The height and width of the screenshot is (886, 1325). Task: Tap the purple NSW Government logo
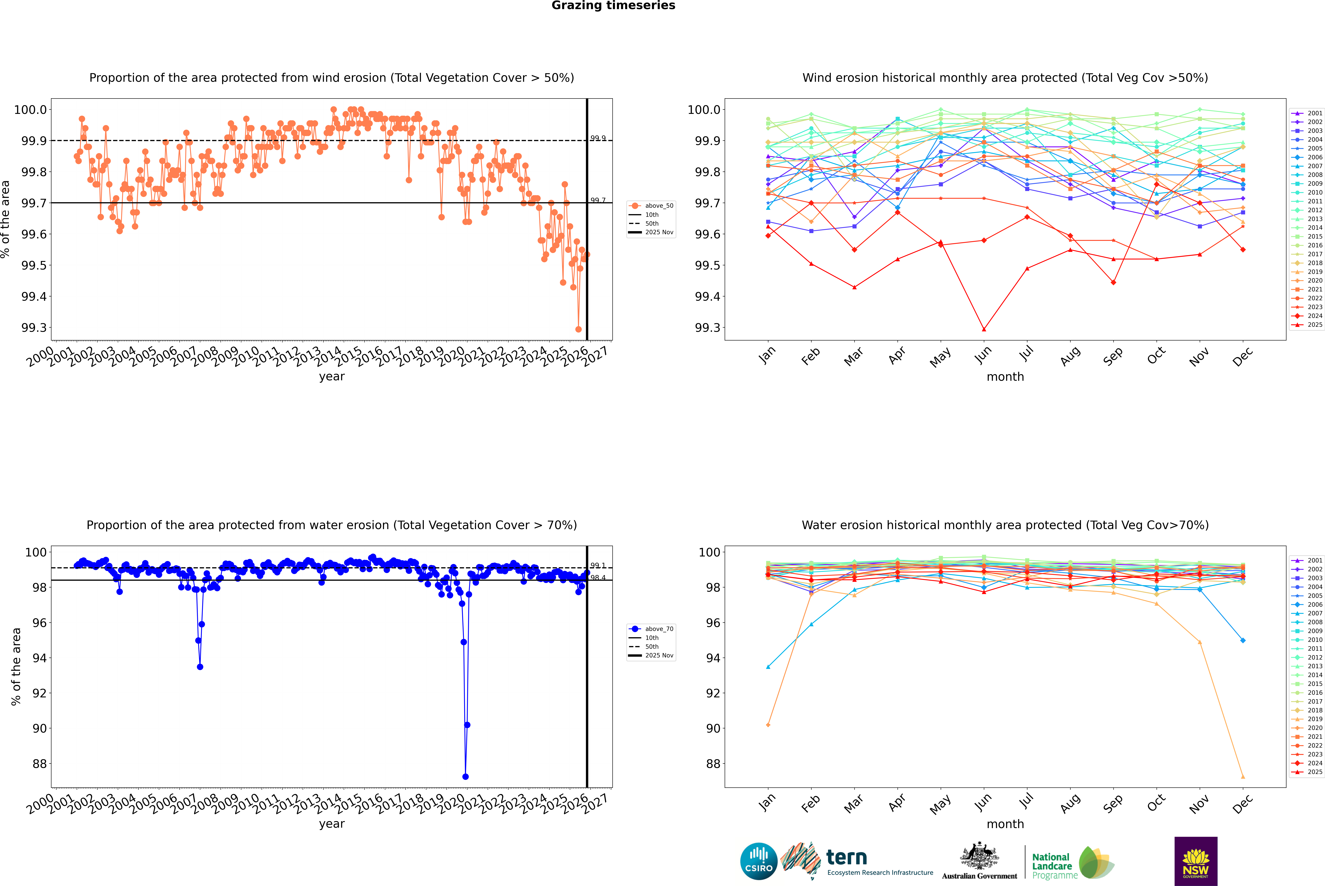(x=1196, y=861)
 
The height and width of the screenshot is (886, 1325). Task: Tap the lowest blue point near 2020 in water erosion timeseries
(x=465, y=776)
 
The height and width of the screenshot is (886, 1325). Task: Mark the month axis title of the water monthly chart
(x=1005, y=824)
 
